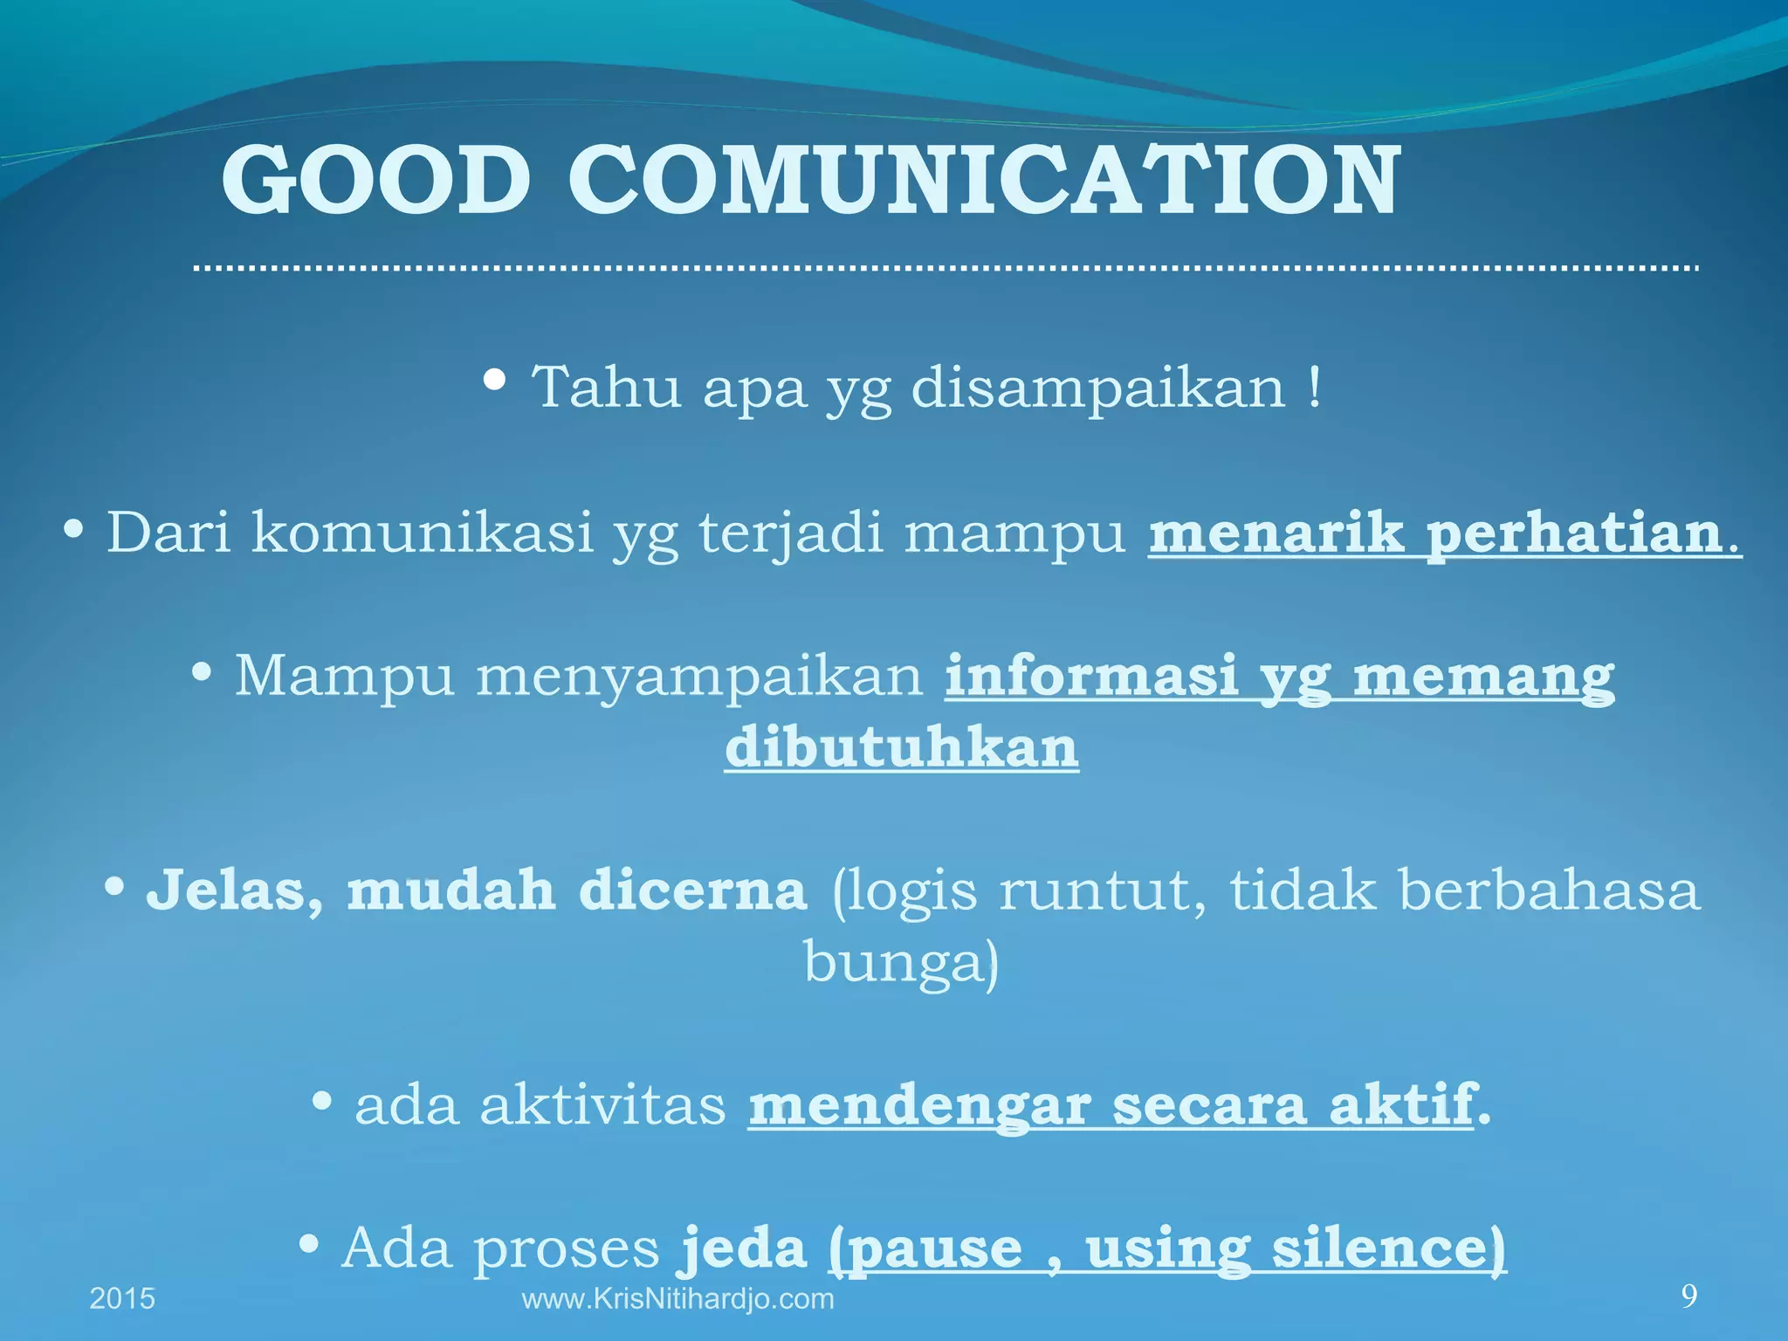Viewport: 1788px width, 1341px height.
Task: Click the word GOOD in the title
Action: (x=376, y=182)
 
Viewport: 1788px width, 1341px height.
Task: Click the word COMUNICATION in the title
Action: (x=984, y=182)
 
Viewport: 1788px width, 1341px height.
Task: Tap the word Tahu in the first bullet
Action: (x=606, y=387)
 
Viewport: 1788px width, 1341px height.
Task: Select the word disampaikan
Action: (x=1098, y=387)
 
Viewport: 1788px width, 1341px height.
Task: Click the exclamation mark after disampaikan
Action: (x=1315, y=387)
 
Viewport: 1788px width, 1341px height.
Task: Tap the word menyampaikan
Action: (x=699, y=676)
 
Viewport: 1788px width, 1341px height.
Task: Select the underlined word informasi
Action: (x=1091, y=676)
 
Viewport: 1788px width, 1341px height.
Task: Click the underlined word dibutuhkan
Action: (x=902, y=747)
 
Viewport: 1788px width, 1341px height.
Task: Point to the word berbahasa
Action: (x=1551, y=891)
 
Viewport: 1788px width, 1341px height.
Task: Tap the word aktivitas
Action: (x=602, y=1105)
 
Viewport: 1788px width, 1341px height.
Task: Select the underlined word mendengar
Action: (x=919, y=1105)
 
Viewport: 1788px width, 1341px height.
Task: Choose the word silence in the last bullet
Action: (x=1388, y=1248)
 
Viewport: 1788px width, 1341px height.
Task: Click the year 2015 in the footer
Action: (x=122, y=1299)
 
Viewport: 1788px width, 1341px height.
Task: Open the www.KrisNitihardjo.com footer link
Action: (x=677, y=1299)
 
